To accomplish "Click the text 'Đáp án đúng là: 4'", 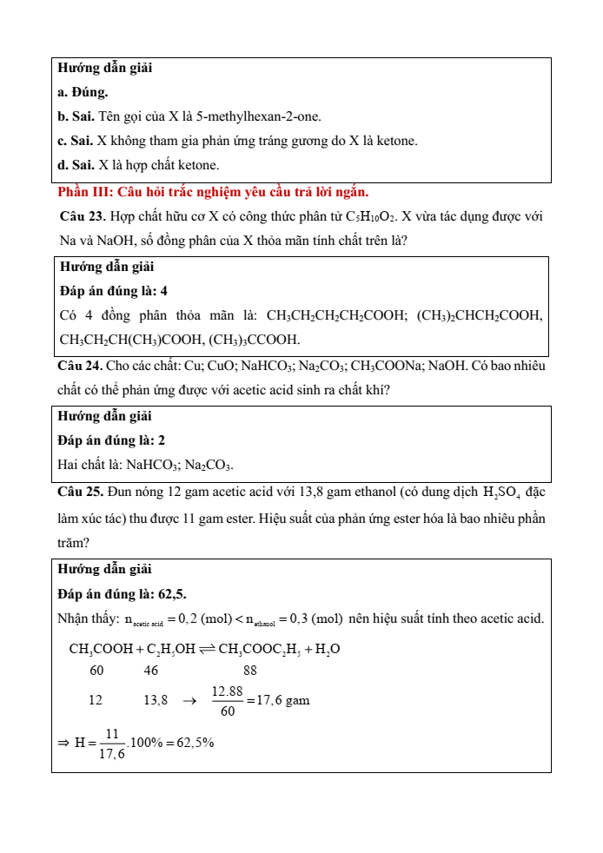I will pos(112,291).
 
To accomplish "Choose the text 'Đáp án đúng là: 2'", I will pos(112,440).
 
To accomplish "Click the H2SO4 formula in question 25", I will pos(505,493).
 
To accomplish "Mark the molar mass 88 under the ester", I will pos(250,671).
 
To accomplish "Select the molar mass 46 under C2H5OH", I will pos(151,671).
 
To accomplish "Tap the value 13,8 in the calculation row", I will pos(155,700).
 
